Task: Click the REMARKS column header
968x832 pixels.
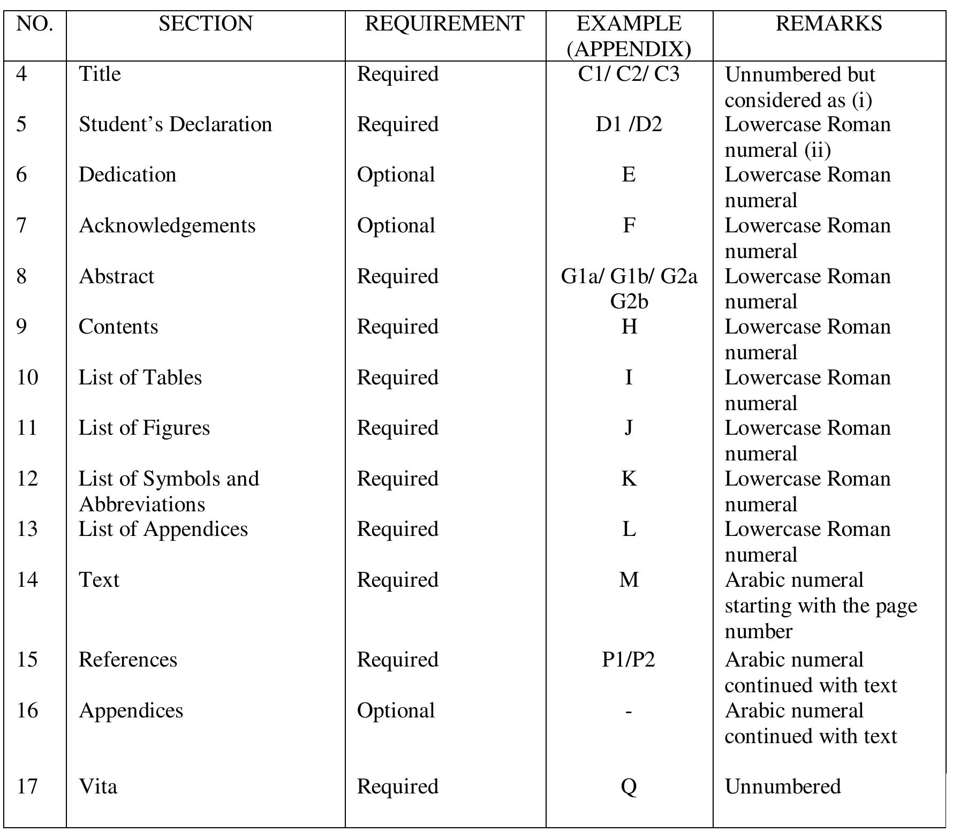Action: pyautogui.click(x=828, y=24)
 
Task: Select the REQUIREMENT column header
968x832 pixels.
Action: pyautogui.click(x=444, y=24)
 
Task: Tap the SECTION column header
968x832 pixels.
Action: pyautogui.click(x=206, y=24)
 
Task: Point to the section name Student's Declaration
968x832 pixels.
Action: pyautogui.click(x=175, y=124)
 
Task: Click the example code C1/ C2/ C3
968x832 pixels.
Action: pyautogui.click(x=629, y=74)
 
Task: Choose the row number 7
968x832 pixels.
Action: pyautogui.click(x=21, y=225)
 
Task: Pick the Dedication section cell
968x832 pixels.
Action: pyautogui.click(x=127, y=175)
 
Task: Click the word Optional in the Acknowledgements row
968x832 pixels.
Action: pyautogui.click(x=396, y=225)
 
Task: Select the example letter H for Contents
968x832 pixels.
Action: pyautogui.click(x=629, y=327)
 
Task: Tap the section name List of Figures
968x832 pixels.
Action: pyautogui.click(x=144, y=428)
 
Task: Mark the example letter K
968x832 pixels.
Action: pyautogui.click(x=629, y=479)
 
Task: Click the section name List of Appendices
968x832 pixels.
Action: pyautogui.click(x=163, y=529)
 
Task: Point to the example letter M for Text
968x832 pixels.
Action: pyautogui.click(x=629, y=580)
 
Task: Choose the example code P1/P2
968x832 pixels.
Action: pyautogui.click(x=629, y=660)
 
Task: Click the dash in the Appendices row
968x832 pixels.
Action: pyautogui.click(x=629, y=711)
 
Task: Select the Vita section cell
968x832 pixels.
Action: pyautogui.click(x=98, y=786)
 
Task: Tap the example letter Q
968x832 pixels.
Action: pyautogui.click(x=629, y=786)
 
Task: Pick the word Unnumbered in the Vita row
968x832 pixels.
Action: pyautogui.click(x=782, y=786)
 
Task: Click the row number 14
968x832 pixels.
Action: pyautogui.click(x=27, y=580)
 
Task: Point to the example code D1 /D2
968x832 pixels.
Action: pyautogui.click(x=629, y=124)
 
